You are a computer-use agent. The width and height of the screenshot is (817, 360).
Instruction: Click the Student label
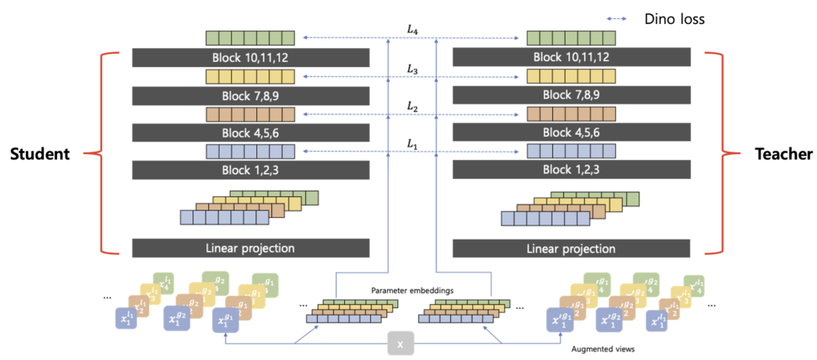pyautogui.click(x=40, y=154)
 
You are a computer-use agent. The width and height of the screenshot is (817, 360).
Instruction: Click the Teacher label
pyautogui.click(x=783, y=154)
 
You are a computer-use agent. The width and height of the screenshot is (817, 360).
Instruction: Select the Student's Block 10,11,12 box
pyautogui.click(x=250, y=58)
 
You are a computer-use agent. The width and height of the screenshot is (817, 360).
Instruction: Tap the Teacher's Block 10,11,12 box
pyautogui.click(x=571, y=58)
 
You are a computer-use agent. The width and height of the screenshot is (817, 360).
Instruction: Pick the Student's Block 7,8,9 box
pyautogui.click(x=250, y=96)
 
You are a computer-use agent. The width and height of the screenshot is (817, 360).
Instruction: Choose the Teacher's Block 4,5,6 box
pyautogui.click(x=571, y=133)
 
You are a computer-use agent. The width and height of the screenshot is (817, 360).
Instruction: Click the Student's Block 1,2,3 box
pyautogui.click(x=250, y=170)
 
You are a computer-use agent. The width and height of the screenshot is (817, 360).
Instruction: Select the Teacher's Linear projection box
pyautogui.click(x=571, y=249)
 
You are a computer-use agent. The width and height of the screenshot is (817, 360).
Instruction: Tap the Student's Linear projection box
pyautogui.click(x=250, y=249)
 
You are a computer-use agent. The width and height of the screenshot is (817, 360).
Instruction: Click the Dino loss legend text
pyautogui.click(x=674, y=19)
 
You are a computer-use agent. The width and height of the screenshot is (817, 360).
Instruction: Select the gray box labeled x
pyautogui.click(x=400, y=345)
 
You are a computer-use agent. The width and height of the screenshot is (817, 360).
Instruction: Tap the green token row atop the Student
pyautogui.click(x=250, y=38)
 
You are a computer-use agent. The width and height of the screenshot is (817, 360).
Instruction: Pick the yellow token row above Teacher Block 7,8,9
pyautogui.click(x=571, y=76)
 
